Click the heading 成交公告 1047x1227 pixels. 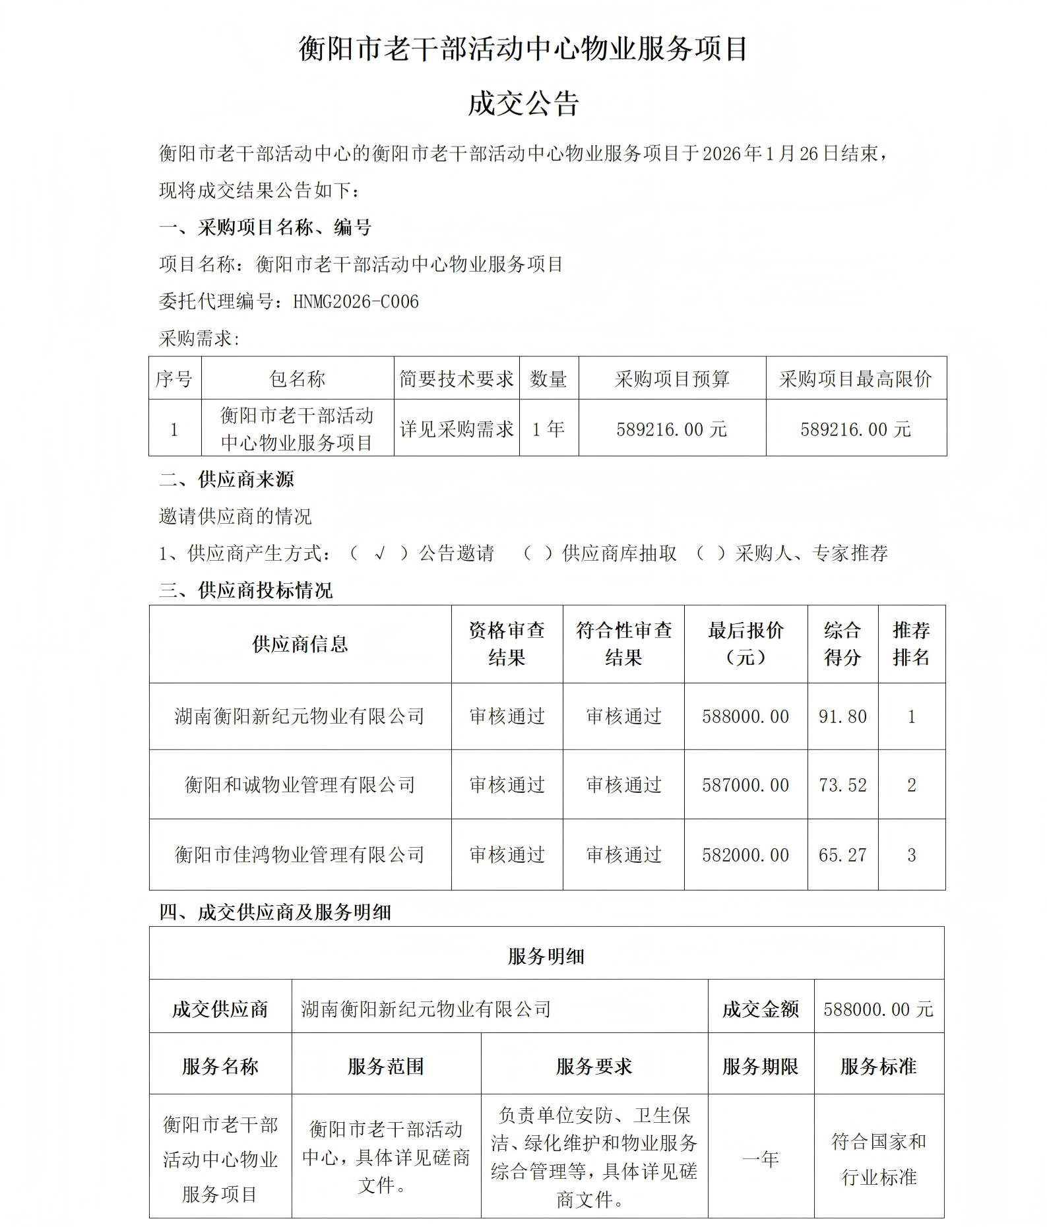(523, 104)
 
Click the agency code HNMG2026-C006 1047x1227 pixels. (356, 301)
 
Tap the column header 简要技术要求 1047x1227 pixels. (457, 379)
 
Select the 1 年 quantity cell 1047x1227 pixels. (548, 429)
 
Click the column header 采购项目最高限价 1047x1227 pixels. (855, 379)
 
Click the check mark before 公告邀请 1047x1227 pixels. (379, 553)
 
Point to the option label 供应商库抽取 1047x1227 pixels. (619, 553)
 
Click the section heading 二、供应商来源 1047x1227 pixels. (226, 479)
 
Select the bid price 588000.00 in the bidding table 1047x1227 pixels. (746, 716)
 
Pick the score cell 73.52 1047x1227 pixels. (842, 785)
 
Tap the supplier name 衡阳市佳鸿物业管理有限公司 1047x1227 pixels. (300, 855)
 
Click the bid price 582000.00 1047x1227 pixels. (746, 855)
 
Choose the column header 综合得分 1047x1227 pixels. (842, 644)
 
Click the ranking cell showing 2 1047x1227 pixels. (911, 785)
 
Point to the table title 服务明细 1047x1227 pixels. (546, 956)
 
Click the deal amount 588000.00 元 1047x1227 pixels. (878, 1009)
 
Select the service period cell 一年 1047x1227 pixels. (761, 1159)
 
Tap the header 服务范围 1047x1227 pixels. (386, 1067)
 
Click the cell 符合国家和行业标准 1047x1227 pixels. (879, 1159)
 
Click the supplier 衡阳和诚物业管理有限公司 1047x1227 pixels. (300, 785)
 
